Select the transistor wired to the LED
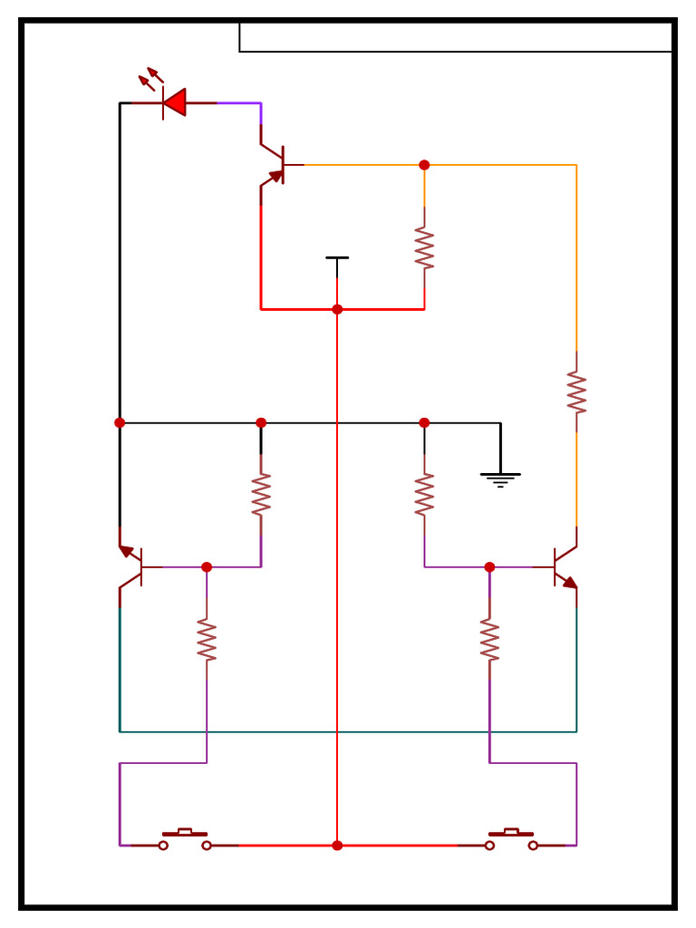click(275, 165)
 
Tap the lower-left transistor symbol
click(132, 567)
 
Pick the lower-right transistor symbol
click(564, 567)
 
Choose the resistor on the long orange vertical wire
click(576, 391)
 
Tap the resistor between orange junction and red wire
click(424, 248)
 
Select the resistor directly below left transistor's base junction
click(207, 640)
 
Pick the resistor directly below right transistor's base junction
click(489, 640)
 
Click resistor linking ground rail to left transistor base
click(261, 494)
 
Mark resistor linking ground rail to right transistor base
click(424, 494)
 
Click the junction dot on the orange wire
click(424, 165)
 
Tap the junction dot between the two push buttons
click(337, 846)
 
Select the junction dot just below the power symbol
click(337, 309)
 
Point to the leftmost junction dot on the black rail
click(120, 422)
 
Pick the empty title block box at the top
click(455, 37)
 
